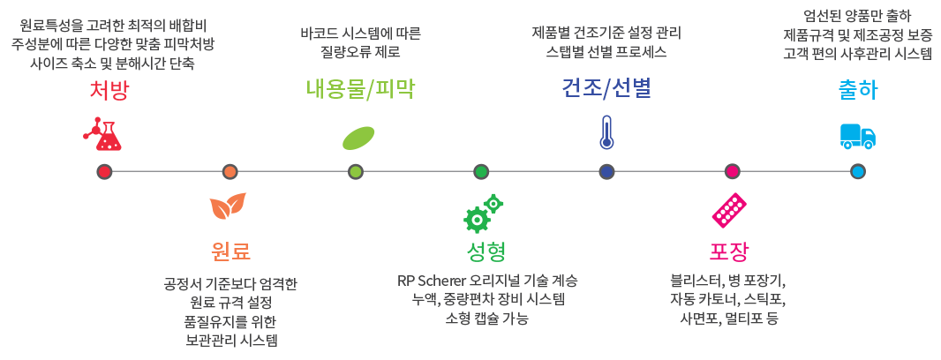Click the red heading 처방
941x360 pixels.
[x=109, y=90]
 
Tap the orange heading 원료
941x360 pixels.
[x=230, y=251]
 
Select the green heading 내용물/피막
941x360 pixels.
[x=359, y=90]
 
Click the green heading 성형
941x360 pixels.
[x=485, y=251]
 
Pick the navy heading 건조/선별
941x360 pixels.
[x=606, y=90]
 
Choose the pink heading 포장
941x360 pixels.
[x=729, y=251]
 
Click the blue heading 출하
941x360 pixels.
[x=857, y=90]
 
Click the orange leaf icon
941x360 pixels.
[x=227, y=207]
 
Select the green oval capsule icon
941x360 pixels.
[x=358, y=139]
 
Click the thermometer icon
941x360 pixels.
[x=606, y=132]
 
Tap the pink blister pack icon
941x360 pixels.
[x=730, y=210]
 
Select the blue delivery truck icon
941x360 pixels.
[x=857, y=135]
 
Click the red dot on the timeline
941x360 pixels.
[x=105, y=171]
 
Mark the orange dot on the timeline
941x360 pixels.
[x=230, y=171]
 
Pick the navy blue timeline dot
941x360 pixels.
[x=606, y=171]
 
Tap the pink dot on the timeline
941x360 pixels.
[x=732, y=171]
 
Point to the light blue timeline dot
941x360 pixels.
[x=857, y=171]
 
